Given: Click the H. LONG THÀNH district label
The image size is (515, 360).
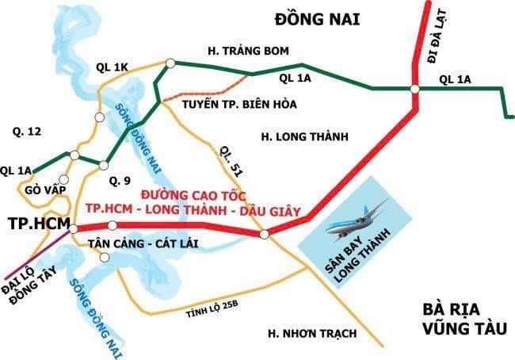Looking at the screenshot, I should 304,137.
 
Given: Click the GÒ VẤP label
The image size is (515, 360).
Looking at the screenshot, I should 42,191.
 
